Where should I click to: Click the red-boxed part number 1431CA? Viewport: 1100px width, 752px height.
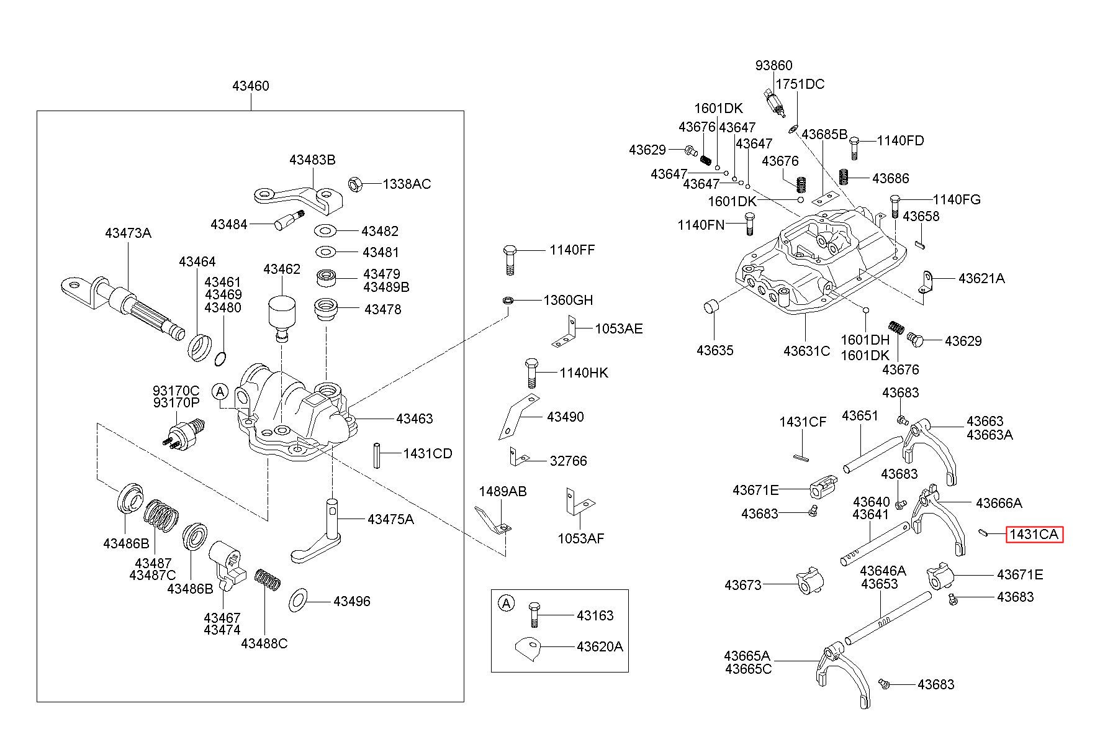pyautogui.click(x=1034, y=534)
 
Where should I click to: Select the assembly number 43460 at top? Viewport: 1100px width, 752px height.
pyautogui.click(x=251, y=86)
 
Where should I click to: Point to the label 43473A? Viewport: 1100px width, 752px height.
pyautogui.click(x=128, y=233)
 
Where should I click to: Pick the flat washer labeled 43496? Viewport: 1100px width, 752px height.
pyautogui.click(x=299, y=601)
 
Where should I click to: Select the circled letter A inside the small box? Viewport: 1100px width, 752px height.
pyautogui.click(x=507, y=603)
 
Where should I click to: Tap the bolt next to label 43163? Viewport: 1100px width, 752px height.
pyautogui.click(x=534, y=615)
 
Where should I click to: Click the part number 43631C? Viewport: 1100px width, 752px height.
pyautogui.click(x=806, y=351)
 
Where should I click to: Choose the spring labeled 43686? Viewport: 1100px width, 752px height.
pyautogui.click(x=844, y=177)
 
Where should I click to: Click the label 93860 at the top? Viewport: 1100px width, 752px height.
pyautogui.click(x=773, y=66)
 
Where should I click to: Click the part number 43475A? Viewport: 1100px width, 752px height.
pyautogui.click(x=390, y=519)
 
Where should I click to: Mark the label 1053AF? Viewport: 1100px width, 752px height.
pyautogui.click(x=580, y=538)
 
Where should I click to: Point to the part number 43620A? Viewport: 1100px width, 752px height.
pyautogui.click(x=599, y=646)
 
